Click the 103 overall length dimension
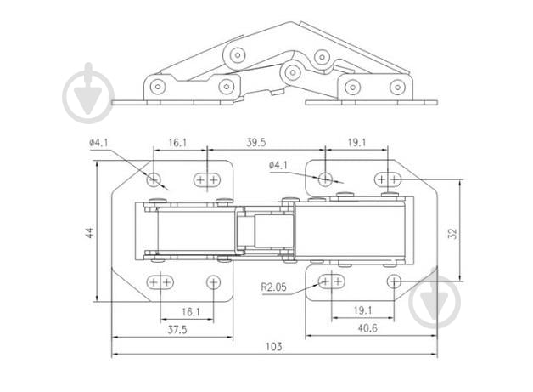(x=274, y=346)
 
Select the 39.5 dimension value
(x=256, y=142)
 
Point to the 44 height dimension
(x=89, y=233)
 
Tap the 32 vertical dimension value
(x=452, y=233)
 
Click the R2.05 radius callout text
(x=273, y=287)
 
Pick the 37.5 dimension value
(x=177, y=330)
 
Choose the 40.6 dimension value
(x=367, y=328)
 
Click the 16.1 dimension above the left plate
(x=177, y=142)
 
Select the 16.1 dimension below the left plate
(x=191, y=311)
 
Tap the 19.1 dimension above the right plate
(x=356, y=142)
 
